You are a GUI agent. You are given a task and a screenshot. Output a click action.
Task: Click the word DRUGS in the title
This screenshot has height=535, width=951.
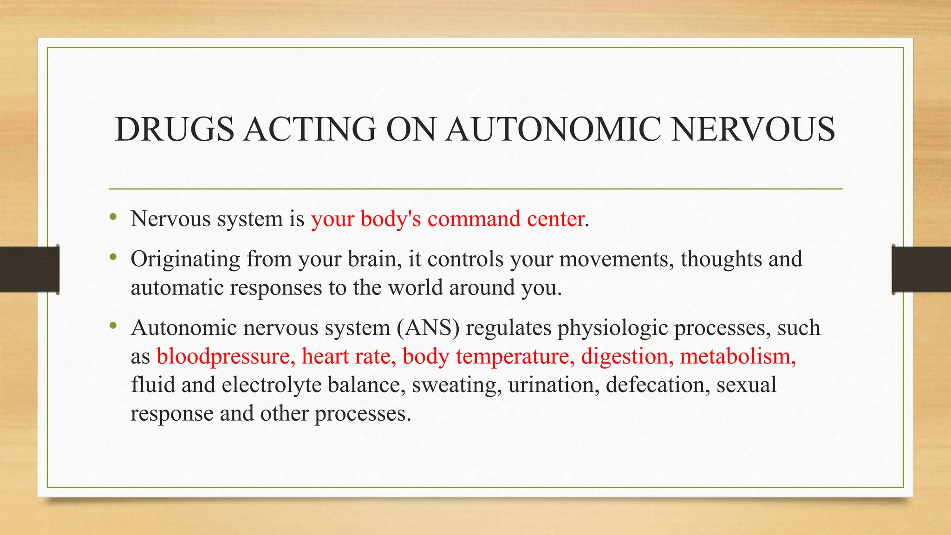(x=175, y=129)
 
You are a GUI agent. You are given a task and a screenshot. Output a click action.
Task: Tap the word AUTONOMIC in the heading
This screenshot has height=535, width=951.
(x=553, y=129)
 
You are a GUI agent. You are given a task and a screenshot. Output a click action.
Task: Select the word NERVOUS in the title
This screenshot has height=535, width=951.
(x=753, y=129)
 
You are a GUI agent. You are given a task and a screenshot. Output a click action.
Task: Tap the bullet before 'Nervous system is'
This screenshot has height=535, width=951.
(x=113, y=217)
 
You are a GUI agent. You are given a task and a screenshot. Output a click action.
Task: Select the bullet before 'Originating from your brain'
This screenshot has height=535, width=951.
(x=113, y=257)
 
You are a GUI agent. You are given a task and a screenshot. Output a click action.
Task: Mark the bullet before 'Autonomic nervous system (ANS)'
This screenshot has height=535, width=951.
(x=113, y=326)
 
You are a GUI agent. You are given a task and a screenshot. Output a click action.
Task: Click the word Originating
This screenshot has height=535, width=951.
(x=185, y=259)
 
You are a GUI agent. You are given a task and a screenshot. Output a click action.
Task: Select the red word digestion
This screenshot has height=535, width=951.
(x=624, y=357)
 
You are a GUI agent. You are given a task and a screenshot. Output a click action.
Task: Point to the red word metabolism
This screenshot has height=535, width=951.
(x=737, y=357)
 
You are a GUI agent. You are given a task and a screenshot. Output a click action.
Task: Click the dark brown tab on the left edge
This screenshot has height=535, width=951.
(x=29, y=269)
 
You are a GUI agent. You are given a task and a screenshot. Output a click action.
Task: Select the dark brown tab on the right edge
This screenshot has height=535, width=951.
(x=921, y=269)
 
